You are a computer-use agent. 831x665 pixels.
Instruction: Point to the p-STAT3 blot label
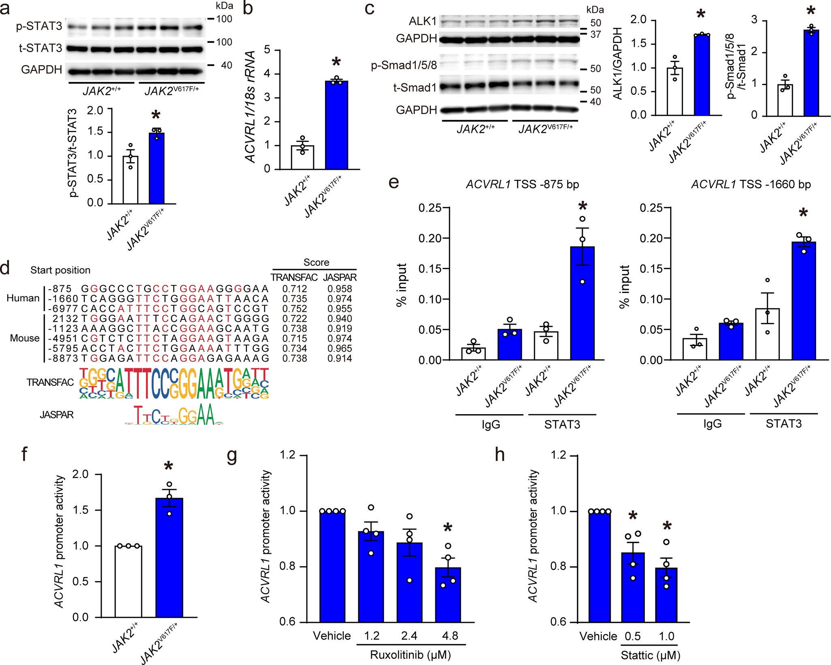coord(39,26)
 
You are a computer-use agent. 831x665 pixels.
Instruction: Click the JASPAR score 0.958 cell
coord(340,289)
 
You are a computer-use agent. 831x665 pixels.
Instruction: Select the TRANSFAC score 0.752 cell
coord(295,309)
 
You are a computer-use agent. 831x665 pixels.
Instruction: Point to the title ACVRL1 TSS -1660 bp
coord(751,184)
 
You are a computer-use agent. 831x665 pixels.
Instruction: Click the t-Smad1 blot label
coord(415,88)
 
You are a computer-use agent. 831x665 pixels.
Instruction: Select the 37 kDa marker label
coord(595,35)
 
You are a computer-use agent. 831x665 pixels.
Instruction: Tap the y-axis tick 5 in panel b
coord(267,50)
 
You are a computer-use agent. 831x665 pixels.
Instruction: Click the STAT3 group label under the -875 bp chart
coord(562,424)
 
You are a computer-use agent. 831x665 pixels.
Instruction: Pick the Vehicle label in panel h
coord(598,636)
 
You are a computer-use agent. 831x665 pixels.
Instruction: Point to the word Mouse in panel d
coord(24,338)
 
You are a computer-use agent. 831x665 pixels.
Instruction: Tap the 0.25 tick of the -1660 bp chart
coord(651,208)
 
